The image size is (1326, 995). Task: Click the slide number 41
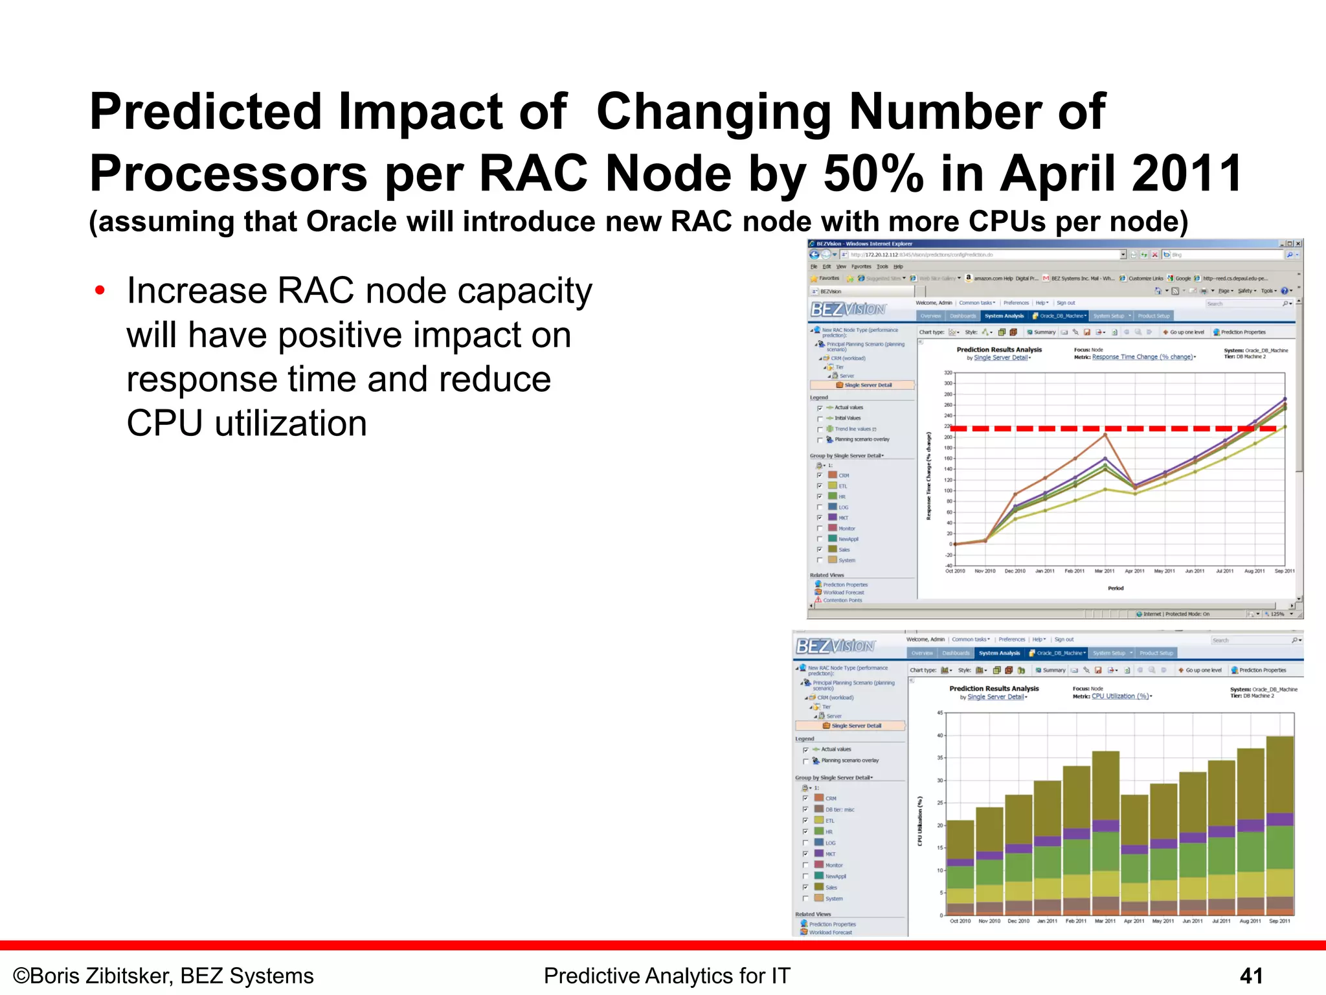1251,976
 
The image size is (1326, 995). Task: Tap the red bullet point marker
100,290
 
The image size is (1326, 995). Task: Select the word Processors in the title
228,174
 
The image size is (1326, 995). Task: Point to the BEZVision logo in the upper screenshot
848,309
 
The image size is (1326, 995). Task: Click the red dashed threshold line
1101,428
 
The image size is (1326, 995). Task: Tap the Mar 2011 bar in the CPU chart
1105,836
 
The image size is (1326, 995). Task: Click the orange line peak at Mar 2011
1105,435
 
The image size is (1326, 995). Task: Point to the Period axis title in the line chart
1116,588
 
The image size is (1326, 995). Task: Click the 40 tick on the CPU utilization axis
940,735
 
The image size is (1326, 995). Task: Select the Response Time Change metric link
1142,357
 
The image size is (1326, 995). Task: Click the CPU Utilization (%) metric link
1120,696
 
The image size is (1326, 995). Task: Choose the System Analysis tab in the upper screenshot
1004,316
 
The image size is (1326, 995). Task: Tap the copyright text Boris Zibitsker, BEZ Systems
164,976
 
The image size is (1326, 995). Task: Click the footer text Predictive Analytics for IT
667,976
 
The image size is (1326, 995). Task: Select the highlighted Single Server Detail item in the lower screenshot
855,726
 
